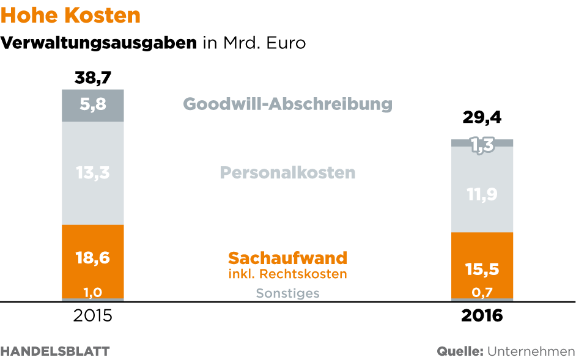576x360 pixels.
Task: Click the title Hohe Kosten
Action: pyautogui.click(x=72, y=16)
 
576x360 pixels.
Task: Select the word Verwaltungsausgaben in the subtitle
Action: pyautogui.click(x=100, y=43)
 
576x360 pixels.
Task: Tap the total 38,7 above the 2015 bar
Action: pyautogui.click(x=93, y=78)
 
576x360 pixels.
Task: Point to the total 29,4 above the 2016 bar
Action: pyautogui.click(x=482, y=117)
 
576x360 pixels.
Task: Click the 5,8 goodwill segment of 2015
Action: pyautogui.click(x=93, y=105)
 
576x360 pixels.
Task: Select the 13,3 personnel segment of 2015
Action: pyautogui.click(x=93, y=173)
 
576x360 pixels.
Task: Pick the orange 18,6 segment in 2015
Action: pyautogui.click(x=93, y=258)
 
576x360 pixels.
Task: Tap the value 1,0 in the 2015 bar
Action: pyautogui.click(x=93, y=292)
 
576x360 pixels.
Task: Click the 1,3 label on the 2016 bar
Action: pyautogui.click(x=482, y=145)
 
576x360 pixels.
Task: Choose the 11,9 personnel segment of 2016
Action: pyautogui.click(x=482, y=194)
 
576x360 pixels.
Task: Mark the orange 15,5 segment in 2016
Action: pyautogui.click(x=482, y=268)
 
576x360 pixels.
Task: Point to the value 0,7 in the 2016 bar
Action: pyautogui.click(x=482, y=293)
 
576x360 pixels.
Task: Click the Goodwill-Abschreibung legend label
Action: pyautogui.click(x=288, y=103)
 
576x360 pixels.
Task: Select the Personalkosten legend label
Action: pyautogui.click(x=288, y=172)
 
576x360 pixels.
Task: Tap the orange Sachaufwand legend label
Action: pyautogui.click(x=288, y=257)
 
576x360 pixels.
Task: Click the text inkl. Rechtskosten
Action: pyautogui.click(x=288, y=274)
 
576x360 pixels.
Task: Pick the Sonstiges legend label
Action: pyautogui.click(x=288, y=293)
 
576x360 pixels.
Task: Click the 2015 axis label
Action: pyautogui.click(x=93, y=316)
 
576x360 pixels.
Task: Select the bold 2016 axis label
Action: pyautogui.click(x=482, y=316)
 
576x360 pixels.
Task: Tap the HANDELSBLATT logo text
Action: pyautogui.click(x=55, y=351)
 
